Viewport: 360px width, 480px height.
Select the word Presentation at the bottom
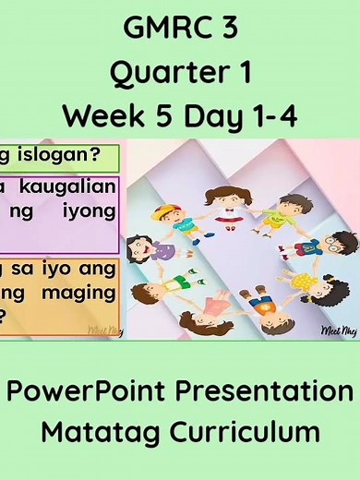tap(273, 390)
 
